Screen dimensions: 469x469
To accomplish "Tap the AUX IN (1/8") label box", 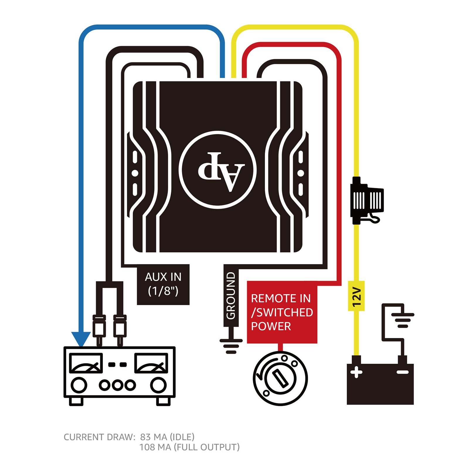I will (163, 284).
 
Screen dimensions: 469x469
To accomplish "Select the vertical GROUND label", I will (231, 295).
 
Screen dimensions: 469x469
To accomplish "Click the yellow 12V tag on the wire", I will (356, 296).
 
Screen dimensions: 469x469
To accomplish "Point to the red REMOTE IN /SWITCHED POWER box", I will (282, 312).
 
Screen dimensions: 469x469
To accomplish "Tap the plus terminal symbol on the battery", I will (356, 372).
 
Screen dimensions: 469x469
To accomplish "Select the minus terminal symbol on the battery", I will (402, 372).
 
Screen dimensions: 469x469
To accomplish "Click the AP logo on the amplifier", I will (218, 170).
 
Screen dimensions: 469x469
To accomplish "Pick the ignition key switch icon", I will (280, 378).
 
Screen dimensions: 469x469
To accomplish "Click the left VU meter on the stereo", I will (86, 363).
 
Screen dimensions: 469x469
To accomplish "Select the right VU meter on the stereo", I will (151, 363).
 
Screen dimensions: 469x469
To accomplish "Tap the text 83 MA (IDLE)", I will (167, 437).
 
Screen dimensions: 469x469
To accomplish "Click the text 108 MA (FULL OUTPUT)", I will (189, 447).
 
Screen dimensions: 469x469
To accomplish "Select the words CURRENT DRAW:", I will (99, 437).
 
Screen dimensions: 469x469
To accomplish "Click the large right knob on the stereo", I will (158, 385).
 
